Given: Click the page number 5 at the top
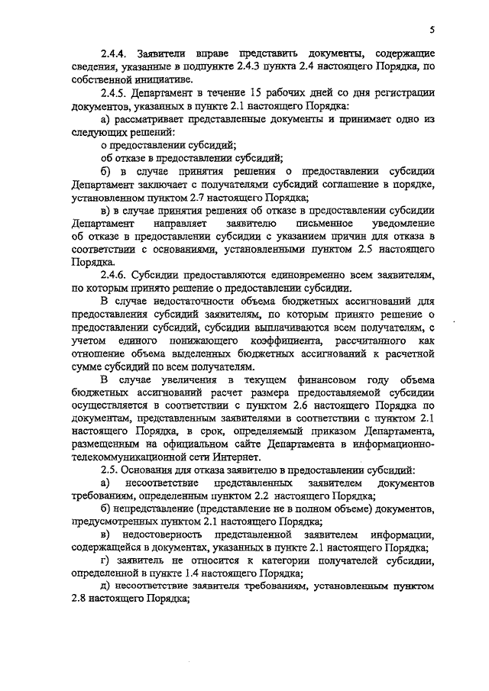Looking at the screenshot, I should point(432,31).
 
